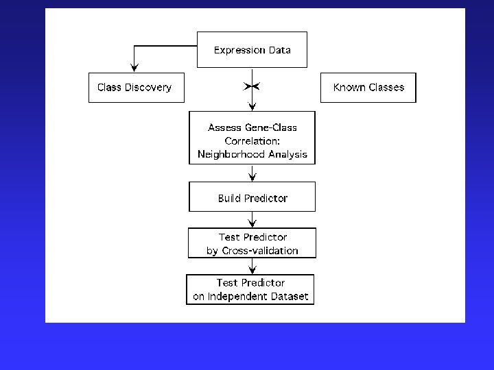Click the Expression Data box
(252, 50)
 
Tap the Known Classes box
(368, 88)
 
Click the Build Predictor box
(252, 197)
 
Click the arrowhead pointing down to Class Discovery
(134, 66)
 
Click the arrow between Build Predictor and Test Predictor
(252, 220)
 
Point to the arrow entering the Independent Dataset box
(252, 267)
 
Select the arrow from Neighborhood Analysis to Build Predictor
(252, 173)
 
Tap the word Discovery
(148, 88)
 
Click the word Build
(229, 198)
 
